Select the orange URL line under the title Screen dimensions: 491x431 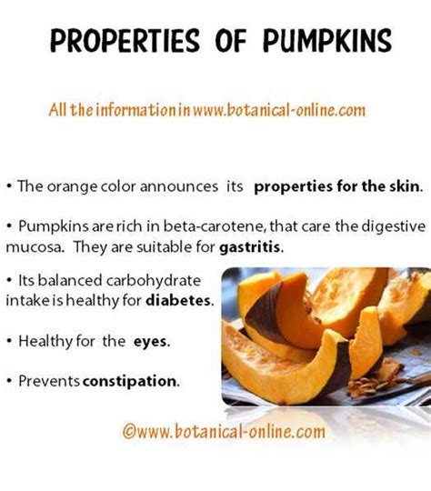(x=207, y=110)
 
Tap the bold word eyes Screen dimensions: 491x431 (x=152, y=342)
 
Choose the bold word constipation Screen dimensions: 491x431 (x=132, y=380)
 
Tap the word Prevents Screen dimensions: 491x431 (x=48, y=380)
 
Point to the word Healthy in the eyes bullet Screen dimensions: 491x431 (x=44, y=342)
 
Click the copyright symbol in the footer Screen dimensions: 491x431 (x=128, y=428)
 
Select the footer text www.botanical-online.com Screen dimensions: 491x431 (x=224, y=428)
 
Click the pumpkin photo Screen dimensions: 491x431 (x=326, y=336)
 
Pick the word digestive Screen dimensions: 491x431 (x=394, y=225)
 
